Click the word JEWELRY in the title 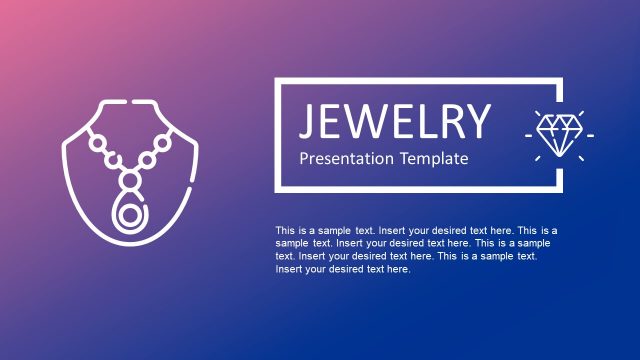tap(395, 121)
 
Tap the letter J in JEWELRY tap(308, 122)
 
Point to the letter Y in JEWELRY tap(479, 121)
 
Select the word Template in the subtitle tap(434, 158)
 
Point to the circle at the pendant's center tap(129, 216)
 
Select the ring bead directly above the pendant tap(129, 180)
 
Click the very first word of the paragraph tap(286, 230)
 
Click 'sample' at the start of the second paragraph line tap(292, 243)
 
